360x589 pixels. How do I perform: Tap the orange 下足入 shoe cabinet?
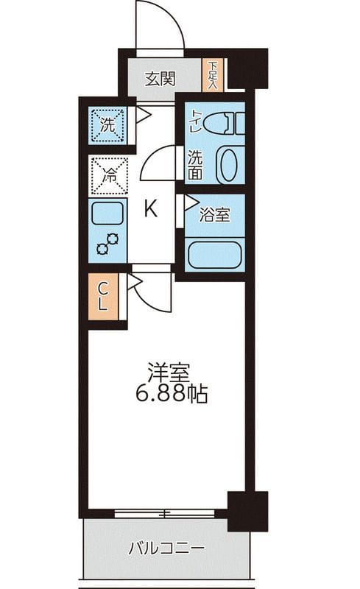[212, 75]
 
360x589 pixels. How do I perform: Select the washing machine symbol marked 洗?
[107, 124]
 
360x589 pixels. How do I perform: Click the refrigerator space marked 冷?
[107, 176]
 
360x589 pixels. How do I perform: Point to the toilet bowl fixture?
[223, 123]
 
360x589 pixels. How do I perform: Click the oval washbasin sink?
[229, 166]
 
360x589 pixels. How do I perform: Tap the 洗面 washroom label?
[194, 166]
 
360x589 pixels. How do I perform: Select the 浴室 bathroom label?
[215, 216]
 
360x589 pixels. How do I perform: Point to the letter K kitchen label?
[149, 210]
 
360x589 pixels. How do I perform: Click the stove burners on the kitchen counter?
[107, 243]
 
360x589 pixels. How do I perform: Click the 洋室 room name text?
[167, 370]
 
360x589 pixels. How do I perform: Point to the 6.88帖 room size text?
[171, 394]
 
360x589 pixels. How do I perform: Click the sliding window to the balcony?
[169, 512]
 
